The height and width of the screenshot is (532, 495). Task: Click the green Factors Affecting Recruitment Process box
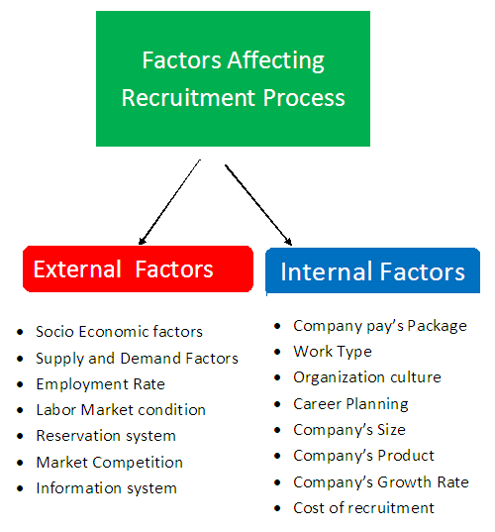click(233, 79)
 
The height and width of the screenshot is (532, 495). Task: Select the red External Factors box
click(137, 269)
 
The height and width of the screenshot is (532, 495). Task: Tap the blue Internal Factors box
click(372, 271)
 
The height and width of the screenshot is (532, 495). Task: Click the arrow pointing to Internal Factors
click(257, 203)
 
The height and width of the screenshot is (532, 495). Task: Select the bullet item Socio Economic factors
click(119, 332)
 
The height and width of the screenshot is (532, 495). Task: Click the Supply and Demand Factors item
click(137, 359)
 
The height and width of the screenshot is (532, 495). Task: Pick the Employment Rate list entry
click(100, 384)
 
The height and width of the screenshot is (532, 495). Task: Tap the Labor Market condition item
click(121, 410)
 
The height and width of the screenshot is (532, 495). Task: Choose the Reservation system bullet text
click(106, 436)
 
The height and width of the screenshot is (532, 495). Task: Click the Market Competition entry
click(109, 462)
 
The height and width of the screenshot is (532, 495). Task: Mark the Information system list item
click(106, 488)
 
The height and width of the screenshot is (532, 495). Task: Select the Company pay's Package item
click(379, 325)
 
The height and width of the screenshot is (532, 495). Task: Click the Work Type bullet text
click(333, 352)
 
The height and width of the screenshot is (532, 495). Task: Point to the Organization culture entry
click(366, 377)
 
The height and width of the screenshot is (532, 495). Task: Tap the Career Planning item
click(350, 403)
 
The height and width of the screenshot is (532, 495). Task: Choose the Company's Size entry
click(348, 430)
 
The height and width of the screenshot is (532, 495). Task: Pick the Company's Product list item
click(363, 456)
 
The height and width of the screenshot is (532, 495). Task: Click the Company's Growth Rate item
click(380, 482)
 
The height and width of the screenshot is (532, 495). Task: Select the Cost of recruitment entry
click(363, 508)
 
